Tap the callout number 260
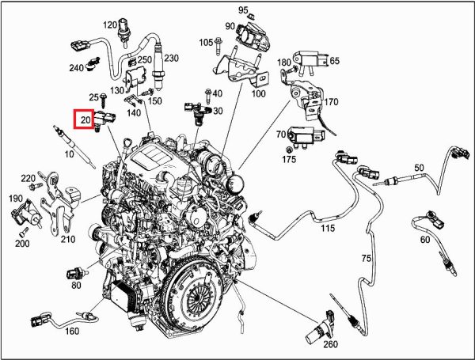pyautogui.click(x=330, y=344)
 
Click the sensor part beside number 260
pyautogui.click(x=320, y=328)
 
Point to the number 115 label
pyautogui.click(x=328, y=228)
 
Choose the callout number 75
pyautogui.click(x=367, y=258)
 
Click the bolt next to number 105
pyautogui.click(x=218, y=46)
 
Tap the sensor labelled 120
pyautogui.click(x=124, y=32)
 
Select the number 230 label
pyautogui.click(x=171, y=58)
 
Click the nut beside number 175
pyautogui.click(x=289, y=150)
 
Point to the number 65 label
pyautogui.click(x=334, y=61)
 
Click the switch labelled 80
pyautogui.click(x=77, y=274)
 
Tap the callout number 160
pyautogui.click(x=72, y=332)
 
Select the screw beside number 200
pyautogui.click(x=24, y=233)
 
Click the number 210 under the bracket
pyautogui.click(x=68, y=239)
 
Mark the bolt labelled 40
pyautogui.click(x=208, y=96)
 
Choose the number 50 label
pyautogui.click(x=419, y=168)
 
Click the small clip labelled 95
pyautogui.click(x=250, y=16)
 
